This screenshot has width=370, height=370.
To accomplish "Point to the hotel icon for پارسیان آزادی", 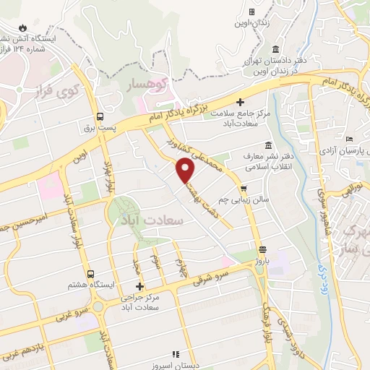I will point(350,139).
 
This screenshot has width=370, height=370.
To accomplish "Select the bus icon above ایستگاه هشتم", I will point(90,275).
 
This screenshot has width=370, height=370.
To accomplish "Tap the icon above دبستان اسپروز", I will point(173,354).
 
